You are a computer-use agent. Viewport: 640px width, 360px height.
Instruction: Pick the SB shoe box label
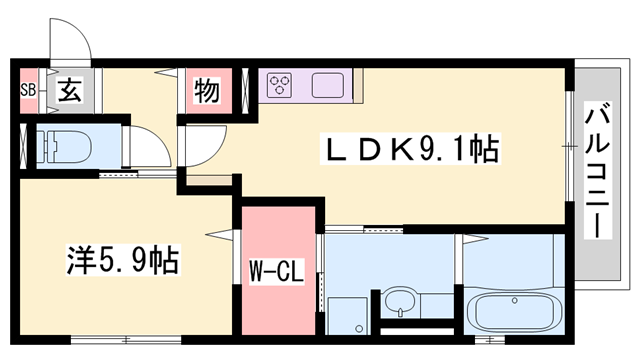tap(28, 91)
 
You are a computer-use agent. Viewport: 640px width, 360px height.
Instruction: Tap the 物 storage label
tap(206, 92)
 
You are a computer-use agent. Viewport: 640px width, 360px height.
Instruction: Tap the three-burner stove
tap(279, 84)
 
